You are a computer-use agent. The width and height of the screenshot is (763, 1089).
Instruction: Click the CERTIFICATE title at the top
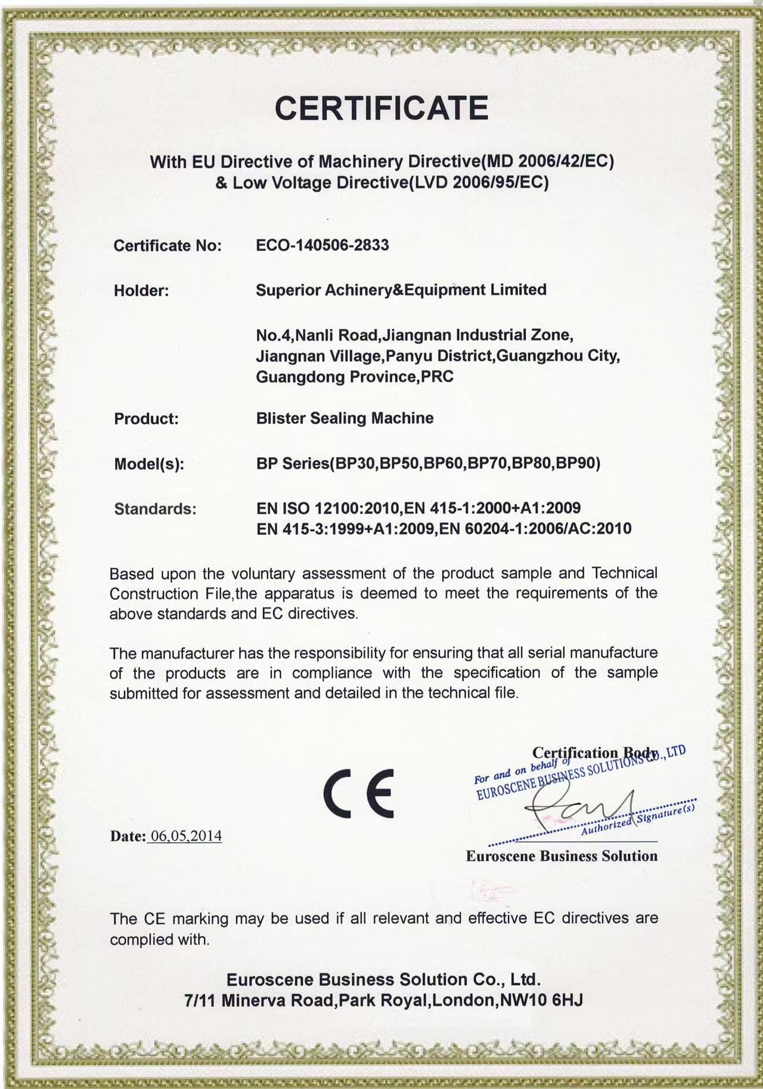coord(381,108)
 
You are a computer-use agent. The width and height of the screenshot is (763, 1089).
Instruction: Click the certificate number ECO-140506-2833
coord(322,245)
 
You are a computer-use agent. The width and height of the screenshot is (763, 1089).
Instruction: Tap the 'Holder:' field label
coord(141,291)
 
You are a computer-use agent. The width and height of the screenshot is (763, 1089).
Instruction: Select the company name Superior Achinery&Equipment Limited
coord(401,290)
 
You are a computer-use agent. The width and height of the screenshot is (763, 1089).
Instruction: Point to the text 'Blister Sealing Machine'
coord(345,418)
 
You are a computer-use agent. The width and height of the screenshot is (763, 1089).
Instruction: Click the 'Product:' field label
coord(146,419)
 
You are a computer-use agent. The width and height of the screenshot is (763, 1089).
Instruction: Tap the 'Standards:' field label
coord(155,509)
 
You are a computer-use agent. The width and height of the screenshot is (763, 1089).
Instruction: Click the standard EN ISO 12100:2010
coord(328,508)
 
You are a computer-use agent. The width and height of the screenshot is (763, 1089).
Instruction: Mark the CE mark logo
coord(358,791)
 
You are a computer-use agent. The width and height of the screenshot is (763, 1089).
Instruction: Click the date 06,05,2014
coord(186,836)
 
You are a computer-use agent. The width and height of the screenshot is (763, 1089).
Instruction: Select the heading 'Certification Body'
coord(595,753)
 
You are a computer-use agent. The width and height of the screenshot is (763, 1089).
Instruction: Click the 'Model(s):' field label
coord(148,464)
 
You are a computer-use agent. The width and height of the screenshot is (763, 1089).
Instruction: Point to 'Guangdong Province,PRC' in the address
coord(354,377)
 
